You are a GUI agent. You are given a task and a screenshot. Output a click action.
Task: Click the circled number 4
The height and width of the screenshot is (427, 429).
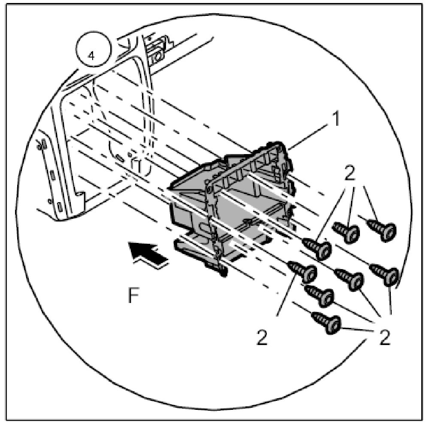pyautogui.click(x=91, y=56)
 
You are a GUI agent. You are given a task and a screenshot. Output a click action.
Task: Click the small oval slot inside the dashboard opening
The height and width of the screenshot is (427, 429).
pyautogui.click(x=120, y=158)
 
